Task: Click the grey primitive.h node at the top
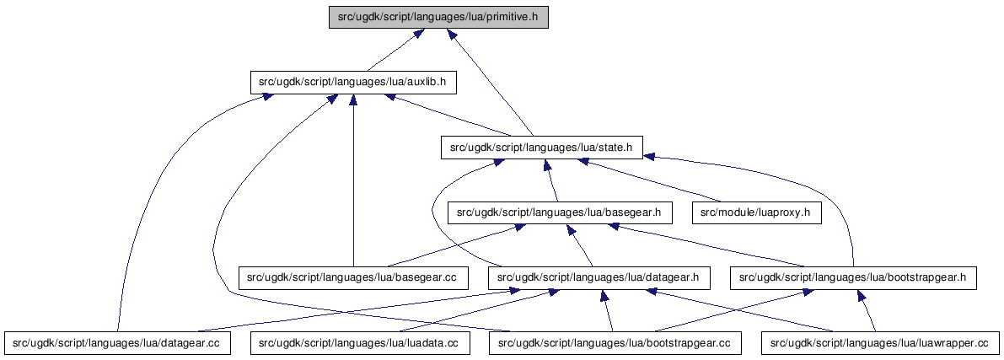click(x=438, y=18)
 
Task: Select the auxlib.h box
click(x=353, y=83)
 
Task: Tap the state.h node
click(x=542, y=148)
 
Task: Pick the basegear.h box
click(x=560, y=212)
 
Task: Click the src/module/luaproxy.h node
click(x=756, y=212)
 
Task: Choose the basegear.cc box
click(x=353, y=278)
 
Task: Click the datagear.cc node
click(x=115, y=343)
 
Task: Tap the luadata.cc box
click(x=361, y=343)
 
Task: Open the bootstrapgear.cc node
click(x=615, y=343)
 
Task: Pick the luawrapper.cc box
click(x=880, y=343)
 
